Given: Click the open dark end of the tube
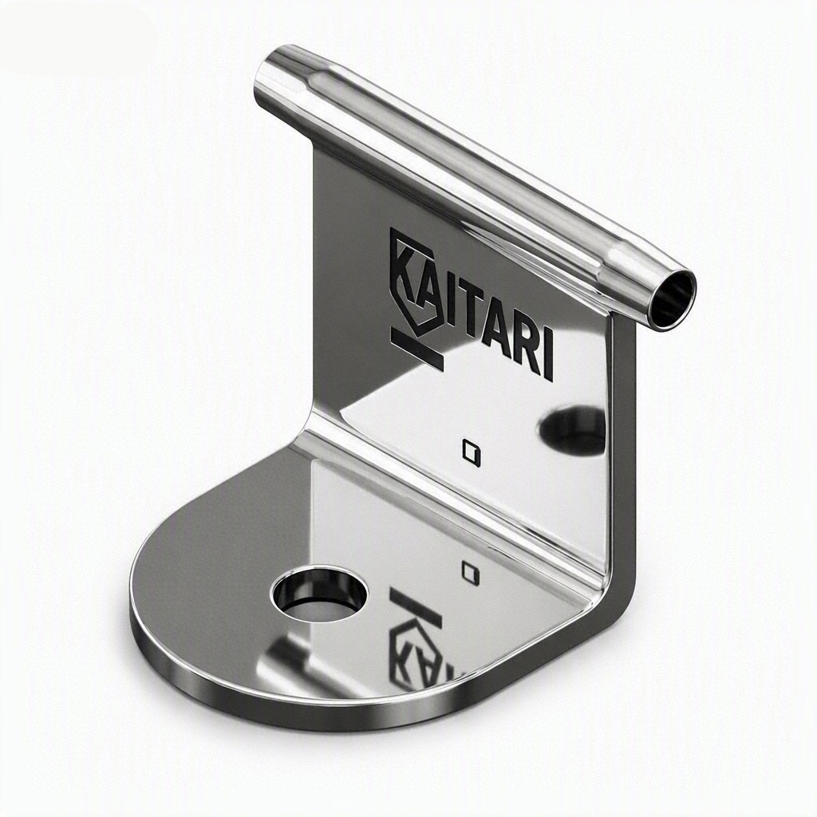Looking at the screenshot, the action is click(x=673, y=298).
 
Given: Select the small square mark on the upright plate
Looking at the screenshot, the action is click(x=472, y=451).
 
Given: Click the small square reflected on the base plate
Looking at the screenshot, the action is click(x=471, y=572).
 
